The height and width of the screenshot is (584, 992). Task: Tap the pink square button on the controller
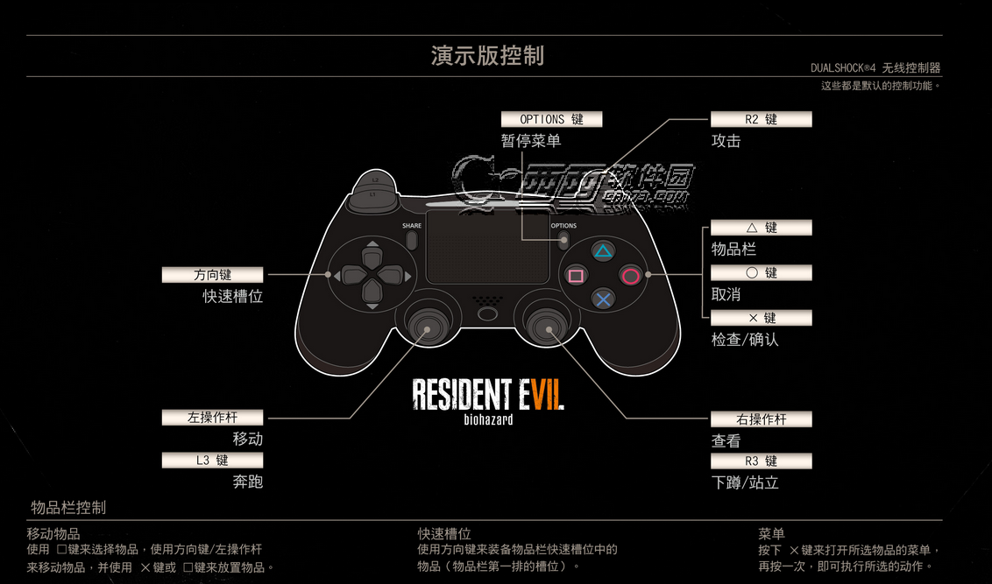(576, 276)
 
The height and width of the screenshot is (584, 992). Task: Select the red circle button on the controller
(630, 276)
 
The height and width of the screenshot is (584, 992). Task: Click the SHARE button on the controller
(412, 239)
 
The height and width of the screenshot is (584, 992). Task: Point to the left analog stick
(427, 329)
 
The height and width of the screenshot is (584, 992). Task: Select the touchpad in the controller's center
(487, 246)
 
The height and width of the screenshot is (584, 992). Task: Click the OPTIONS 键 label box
(551, 119)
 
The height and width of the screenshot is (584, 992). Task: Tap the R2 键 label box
(761, 119)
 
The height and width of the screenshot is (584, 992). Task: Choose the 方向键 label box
(212, 275)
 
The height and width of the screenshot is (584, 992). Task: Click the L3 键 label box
(212, 460)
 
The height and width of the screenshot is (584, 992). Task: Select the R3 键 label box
(761, 461)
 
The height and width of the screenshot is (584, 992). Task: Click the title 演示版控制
(487, 56)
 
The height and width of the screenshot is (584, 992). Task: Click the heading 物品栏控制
(68, 508)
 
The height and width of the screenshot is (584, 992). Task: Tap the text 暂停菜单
(531, 140)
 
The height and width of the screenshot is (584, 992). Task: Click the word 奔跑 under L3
(248, 482)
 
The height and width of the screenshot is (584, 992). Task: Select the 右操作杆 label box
(761, 419)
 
